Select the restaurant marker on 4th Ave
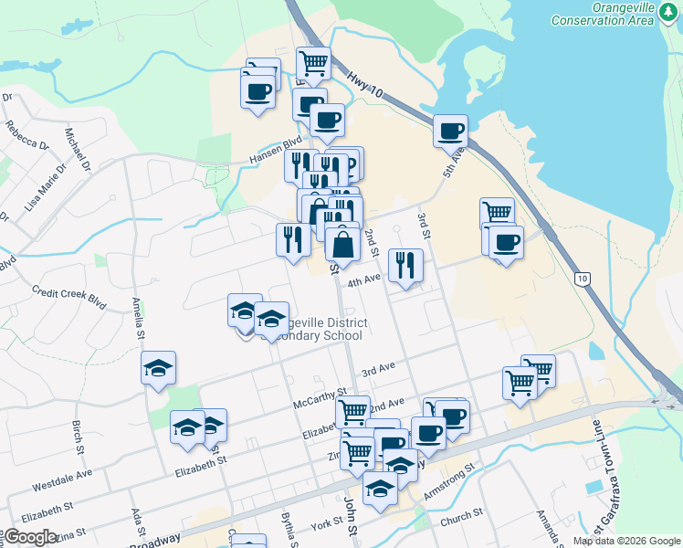pos(405,265)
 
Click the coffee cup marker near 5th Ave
pos(449,131)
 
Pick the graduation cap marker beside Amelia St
pos(158,368)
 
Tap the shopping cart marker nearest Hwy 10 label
pos(313,63)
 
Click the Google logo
pos(31,537)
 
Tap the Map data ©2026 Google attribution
pos(626,541)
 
